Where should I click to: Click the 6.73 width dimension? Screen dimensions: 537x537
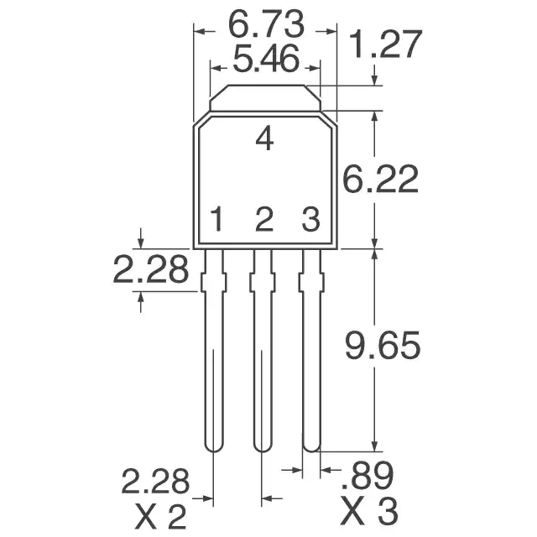click(266, 24)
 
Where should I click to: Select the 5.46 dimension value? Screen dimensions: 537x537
click(266, 59)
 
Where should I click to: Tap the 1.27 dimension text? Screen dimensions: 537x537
click(386, 44)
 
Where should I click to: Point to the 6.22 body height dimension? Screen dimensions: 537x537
click(380, 179)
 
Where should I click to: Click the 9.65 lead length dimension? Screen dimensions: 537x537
click(383, 345)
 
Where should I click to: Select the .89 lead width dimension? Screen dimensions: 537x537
click(368, 476)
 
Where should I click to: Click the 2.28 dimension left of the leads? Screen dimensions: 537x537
click(151, 269)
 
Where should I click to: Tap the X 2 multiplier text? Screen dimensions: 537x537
click(161, 517)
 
